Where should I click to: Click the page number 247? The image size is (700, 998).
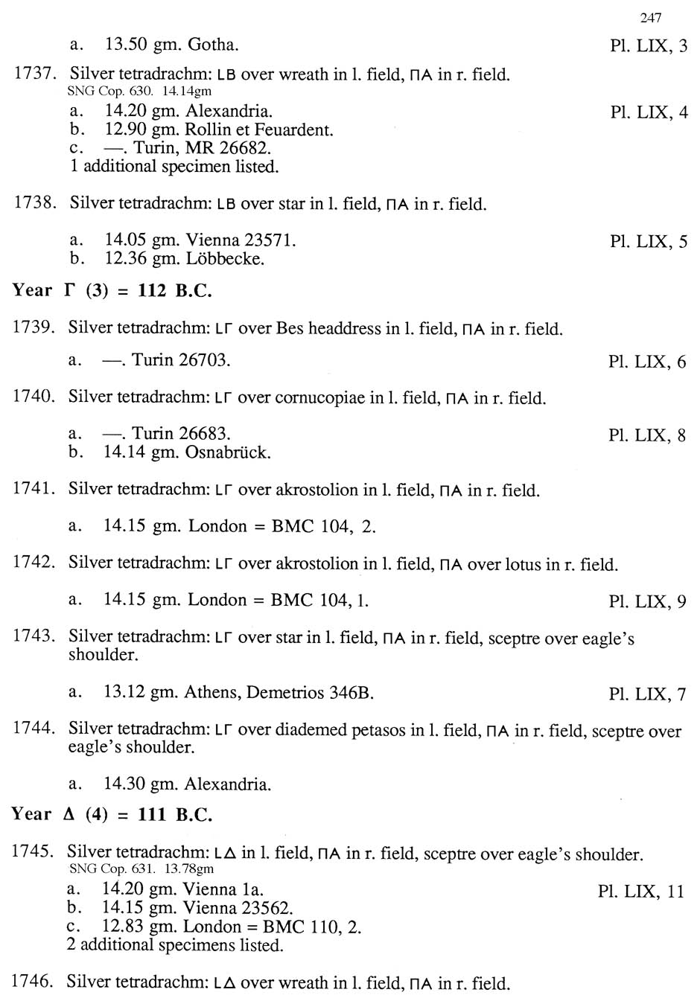(650, 18)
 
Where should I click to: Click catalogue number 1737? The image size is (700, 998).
(36, 74)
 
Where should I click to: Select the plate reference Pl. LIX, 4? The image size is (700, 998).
(648, 113)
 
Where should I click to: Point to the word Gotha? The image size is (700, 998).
(213, 45)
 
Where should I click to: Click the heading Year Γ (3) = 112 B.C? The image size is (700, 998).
(112, 291)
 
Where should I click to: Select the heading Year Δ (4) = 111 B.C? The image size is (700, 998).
(112, 814)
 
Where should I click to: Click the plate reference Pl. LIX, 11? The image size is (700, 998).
(640, 892)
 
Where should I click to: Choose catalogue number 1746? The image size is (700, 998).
(33, 982)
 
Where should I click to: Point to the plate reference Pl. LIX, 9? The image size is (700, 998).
(646, 601)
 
